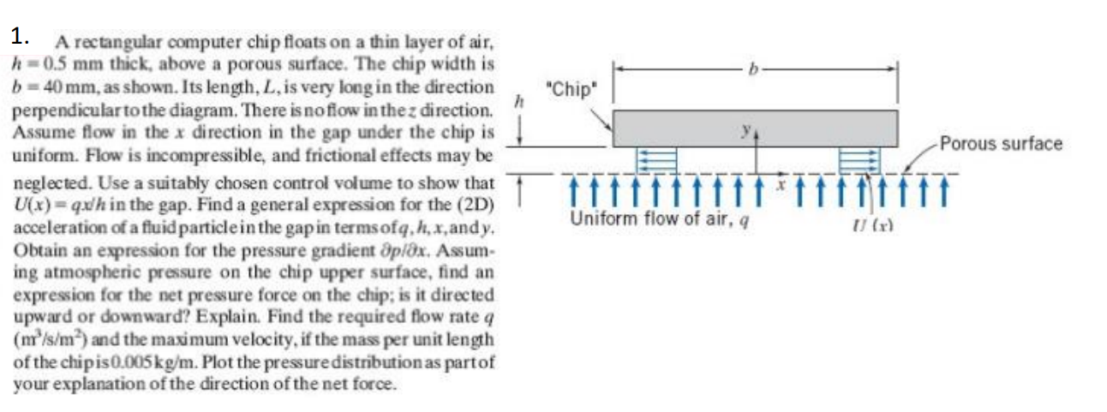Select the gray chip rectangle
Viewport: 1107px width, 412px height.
click(755, 128)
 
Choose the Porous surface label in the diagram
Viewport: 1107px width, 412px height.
click(1001, 143)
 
